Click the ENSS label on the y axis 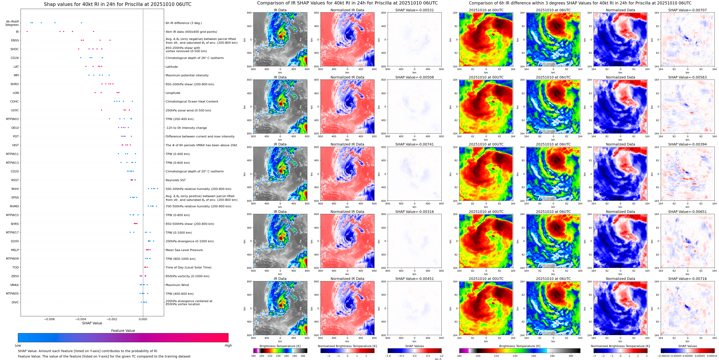15,40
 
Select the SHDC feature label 15,49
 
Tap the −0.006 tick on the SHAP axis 49,319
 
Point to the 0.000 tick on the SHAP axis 143,319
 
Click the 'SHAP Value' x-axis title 92,323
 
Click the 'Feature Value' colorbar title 123,331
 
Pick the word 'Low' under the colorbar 18,345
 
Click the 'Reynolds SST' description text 175,180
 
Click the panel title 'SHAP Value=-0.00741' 415,144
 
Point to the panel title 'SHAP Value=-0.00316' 415,212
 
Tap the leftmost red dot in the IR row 27,32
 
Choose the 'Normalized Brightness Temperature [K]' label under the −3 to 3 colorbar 620,346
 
